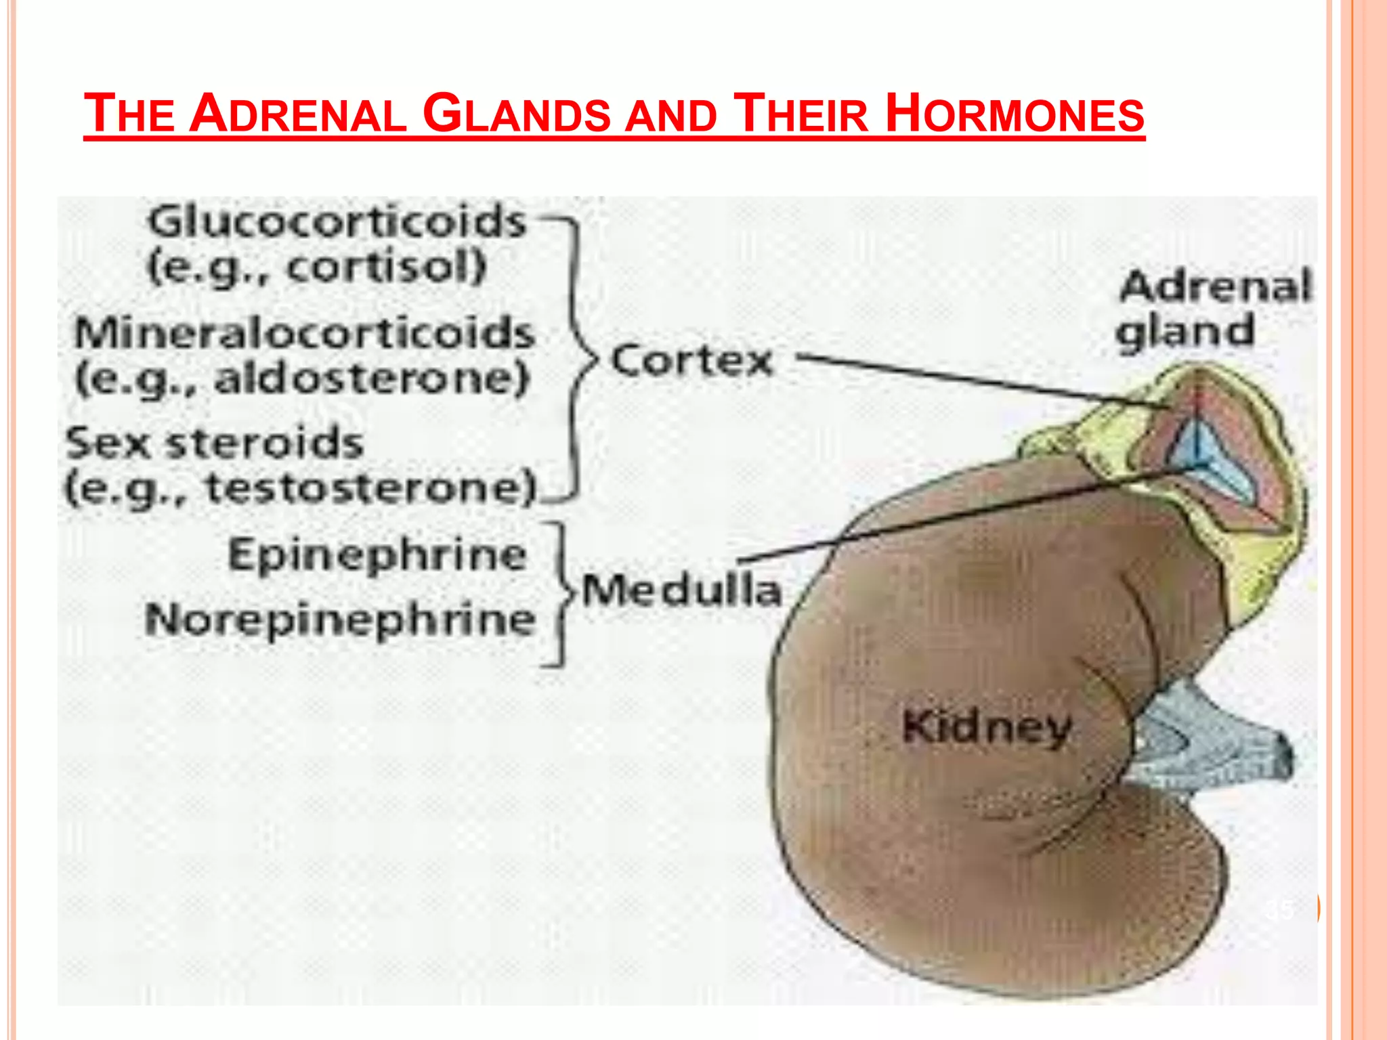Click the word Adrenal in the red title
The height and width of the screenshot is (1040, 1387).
[298, 113]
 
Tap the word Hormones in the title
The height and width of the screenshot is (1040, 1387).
[1015, 113]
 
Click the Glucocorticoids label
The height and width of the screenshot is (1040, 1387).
[337, 221]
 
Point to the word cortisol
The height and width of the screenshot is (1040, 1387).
[386, 266]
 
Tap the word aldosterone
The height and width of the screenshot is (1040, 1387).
[370, 378]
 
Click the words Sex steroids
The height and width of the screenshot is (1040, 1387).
[215, 443]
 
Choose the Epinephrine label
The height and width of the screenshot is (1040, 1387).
[377, 555]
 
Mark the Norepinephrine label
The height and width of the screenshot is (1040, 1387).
[340, 620]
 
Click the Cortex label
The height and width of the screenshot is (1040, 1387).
[691, 360]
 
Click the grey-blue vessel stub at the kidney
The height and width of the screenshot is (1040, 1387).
[1212, 745]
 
